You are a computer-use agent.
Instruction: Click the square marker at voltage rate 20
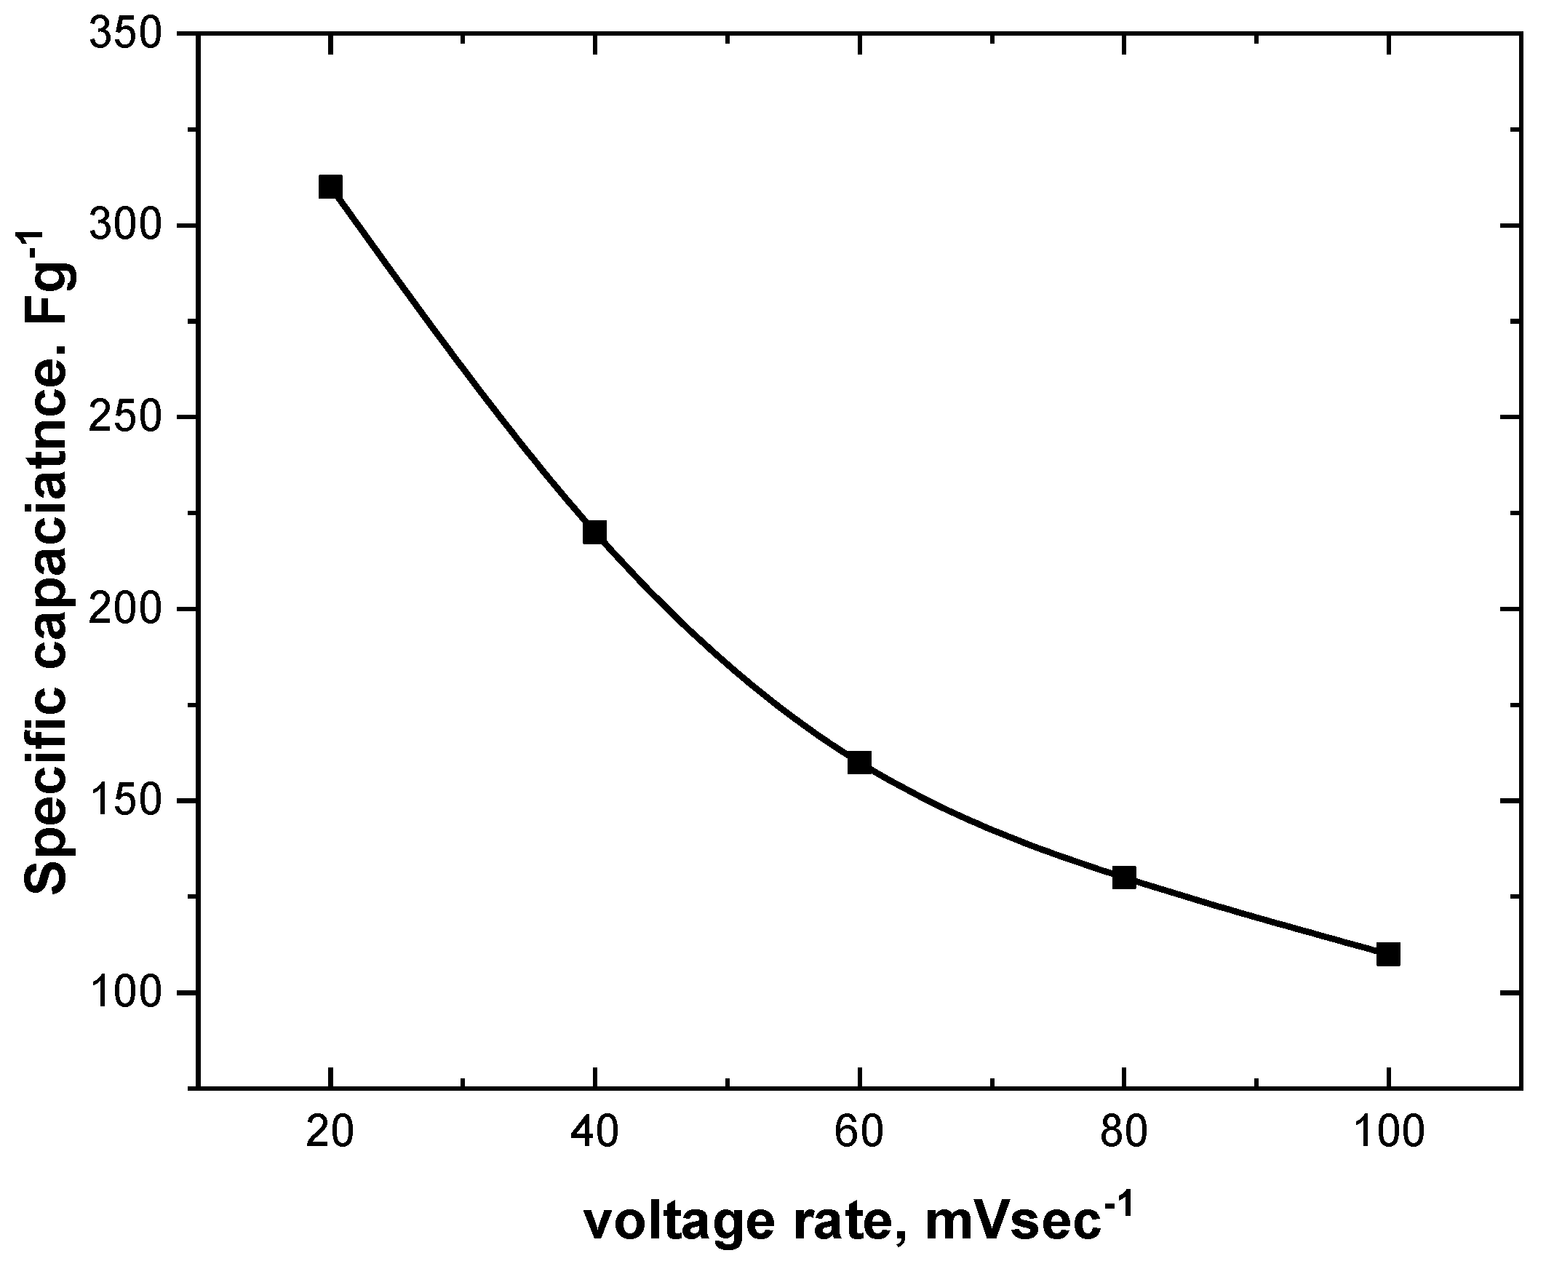330,187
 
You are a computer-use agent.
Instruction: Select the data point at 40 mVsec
595,532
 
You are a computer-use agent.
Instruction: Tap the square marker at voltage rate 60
860,763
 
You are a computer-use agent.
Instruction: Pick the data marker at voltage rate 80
1124,878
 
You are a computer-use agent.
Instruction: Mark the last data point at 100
1388,954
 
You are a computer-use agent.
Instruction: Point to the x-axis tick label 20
330,1133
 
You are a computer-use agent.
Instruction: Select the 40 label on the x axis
595,1133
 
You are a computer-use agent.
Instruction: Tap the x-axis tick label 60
860,1133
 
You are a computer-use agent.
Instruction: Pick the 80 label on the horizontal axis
1124,1133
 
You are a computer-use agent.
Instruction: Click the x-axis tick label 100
1388,1133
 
